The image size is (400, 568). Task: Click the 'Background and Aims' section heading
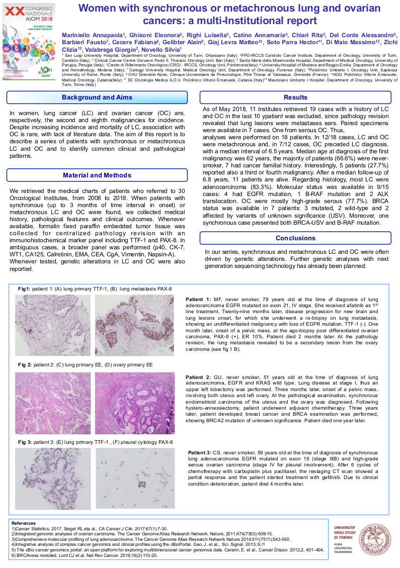97,98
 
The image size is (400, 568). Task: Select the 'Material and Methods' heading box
97,175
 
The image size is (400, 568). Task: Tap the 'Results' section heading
295,98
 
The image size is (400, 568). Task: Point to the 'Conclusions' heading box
295,238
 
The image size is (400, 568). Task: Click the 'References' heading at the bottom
24,523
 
